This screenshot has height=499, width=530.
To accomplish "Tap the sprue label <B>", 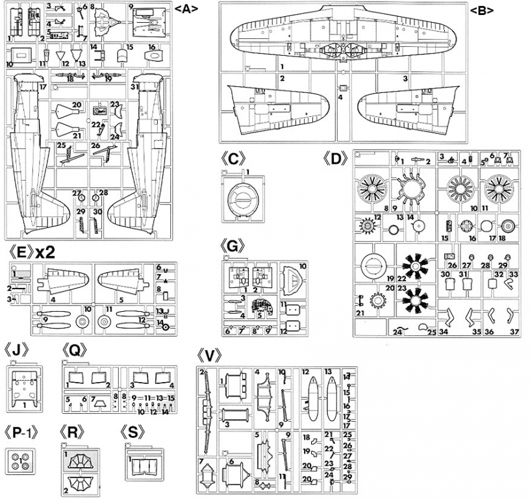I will point(482,10).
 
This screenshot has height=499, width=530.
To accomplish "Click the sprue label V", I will point(209,356).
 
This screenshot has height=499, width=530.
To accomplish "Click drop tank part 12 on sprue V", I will point(311,398).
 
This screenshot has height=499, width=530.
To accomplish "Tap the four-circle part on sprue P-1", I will point(21,462).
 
